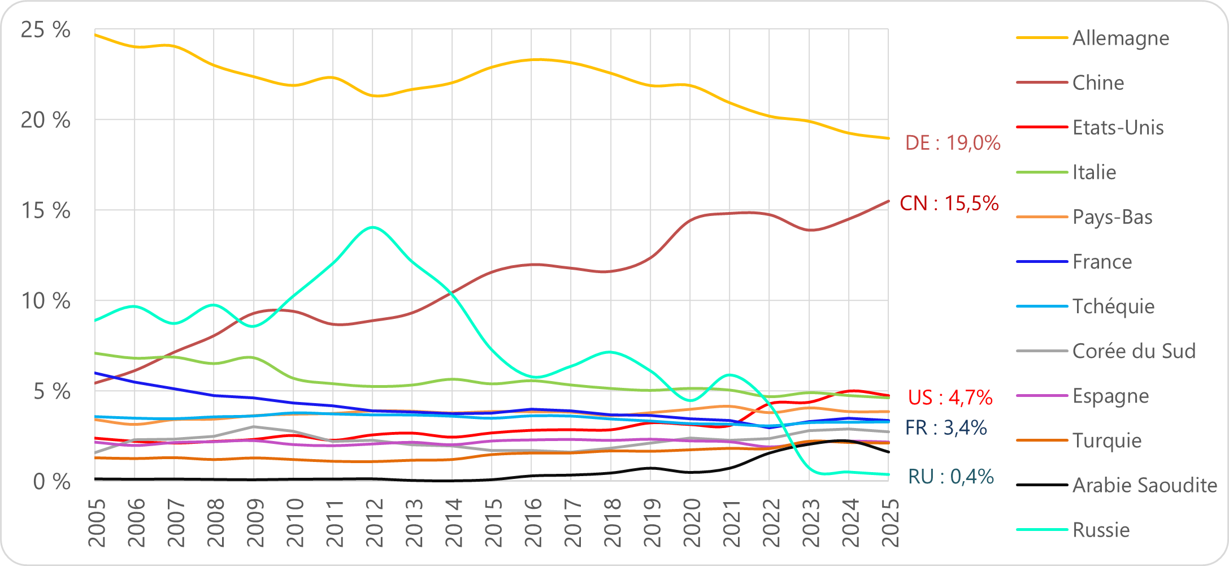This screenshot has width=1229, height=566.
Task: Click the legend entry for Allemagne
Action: pos(1121,38)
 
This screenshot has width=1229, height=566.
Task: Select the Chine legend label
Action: pos(1098,83)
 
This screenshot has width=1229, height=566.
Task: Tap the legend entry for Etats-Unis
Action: pos(1118,128)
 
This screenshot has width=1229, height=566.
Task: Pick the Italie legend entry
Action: pos(1094,172)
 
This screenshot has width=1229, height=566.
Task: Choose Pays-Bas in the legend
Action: pos(1112,217)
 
